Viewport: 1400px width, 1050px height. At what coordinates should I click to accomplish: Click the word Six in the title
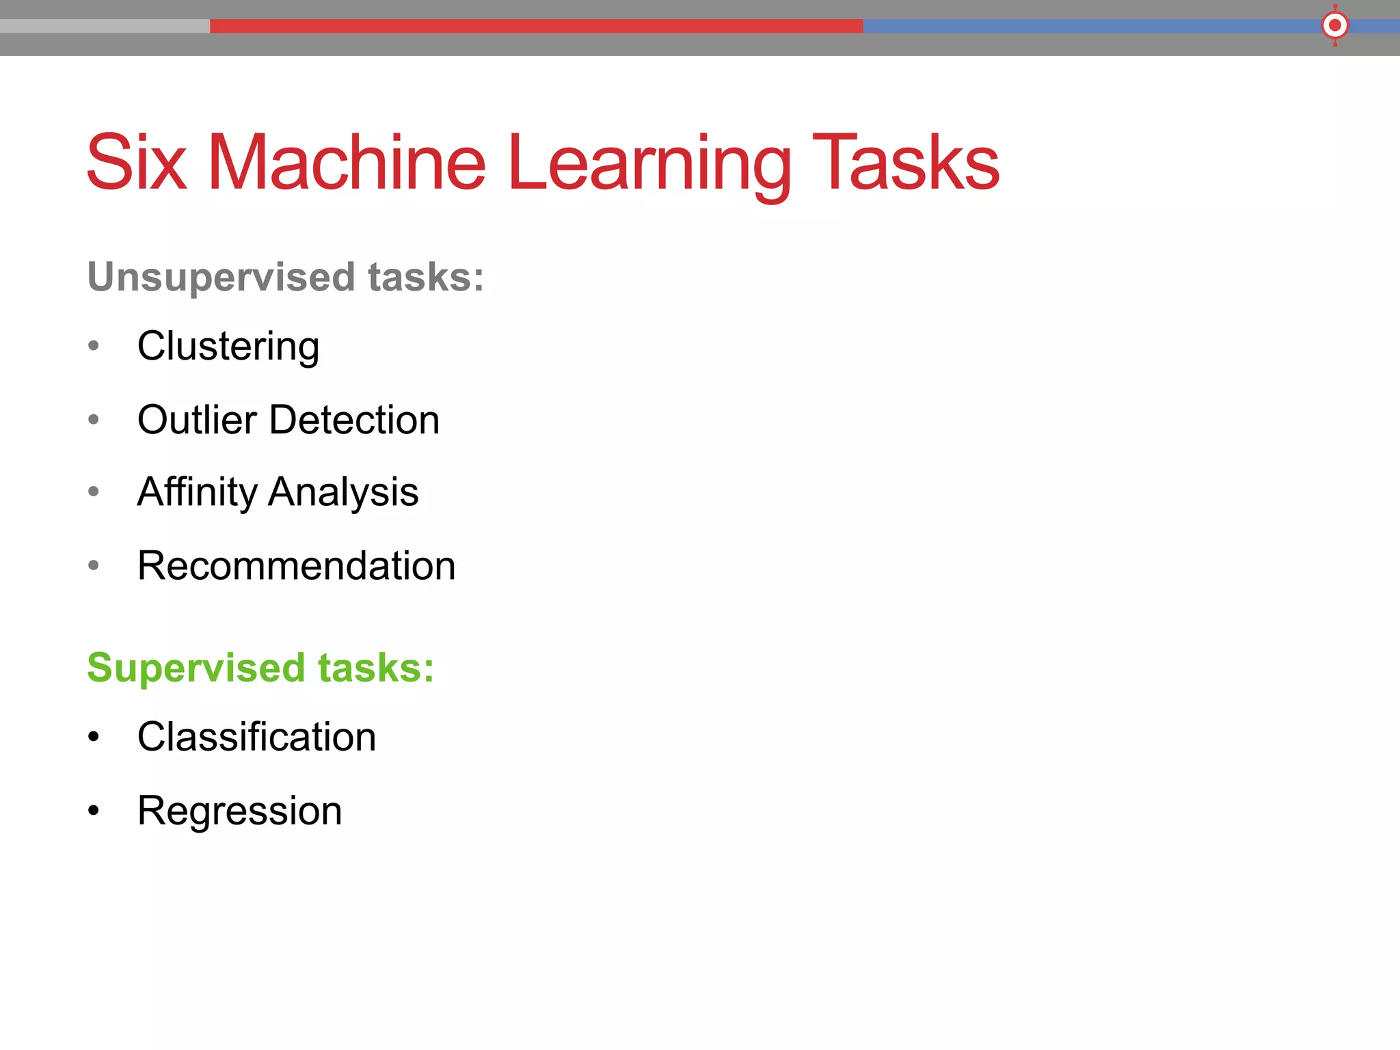[136, 163]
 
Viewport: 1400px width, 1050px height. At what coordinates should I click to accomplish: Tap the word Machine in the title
[347, 163]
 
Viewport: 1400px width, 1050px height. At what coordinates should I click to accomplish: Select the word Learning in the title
[649, 164]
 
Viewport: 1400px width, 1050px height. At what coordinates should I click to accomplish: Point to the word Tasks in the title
[905, 163]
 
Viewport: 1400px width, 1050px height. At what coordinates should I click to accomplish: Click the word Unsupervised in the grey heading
[221, 278]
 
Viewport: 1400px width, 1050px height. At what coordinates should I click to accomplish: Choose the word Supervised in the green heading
[196, 668]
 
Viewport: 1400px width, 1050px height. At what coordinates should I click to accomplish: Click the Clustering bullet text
[228, 347]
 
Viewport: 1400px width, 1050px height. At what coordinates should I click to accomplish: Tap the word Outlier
[197, 420]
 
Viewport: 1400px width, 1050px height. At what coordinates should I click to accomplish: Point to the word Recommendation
[296, 566]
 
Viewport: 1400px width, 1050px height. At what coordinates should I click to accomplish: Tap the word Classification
[256, 737]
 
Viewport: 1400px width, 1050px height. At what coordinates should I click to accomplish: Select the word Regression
[239, 811]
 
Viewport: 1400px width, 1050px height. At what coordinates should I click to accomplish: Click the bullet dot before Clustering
[94, 346]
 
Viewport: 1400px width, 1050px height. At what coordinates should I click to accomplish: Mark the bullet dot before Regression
[94, 811]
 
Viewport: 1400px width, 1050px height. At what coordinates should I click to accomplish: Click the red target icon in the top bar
[1334, 26]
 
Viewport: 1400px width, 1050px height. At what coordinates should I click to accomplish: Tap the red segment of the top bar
[536, 26]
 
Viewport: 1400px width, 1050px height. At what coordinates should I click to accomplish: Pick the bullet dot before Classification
[94, 737]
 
